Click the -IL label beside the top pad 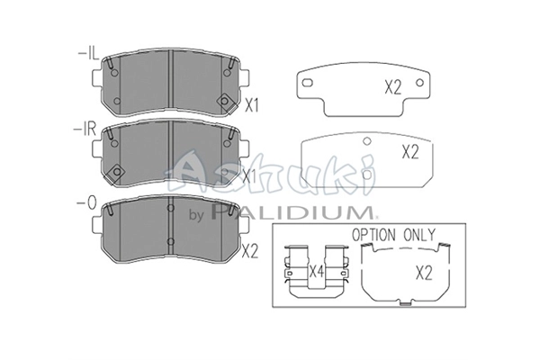[x=88, y=54]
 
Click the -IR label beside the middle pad [x=85, y=130]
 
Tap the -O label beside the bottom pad [x=85, y=203]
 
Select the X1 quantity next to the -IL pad [x=251, y=106]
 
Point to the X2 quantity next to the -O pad [x=250, y=251]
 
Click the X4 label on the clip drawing [x=317, y=272]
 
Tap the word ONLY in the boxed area [x=419, y=235]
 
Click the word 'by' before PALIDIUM [x=197, y=215]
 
